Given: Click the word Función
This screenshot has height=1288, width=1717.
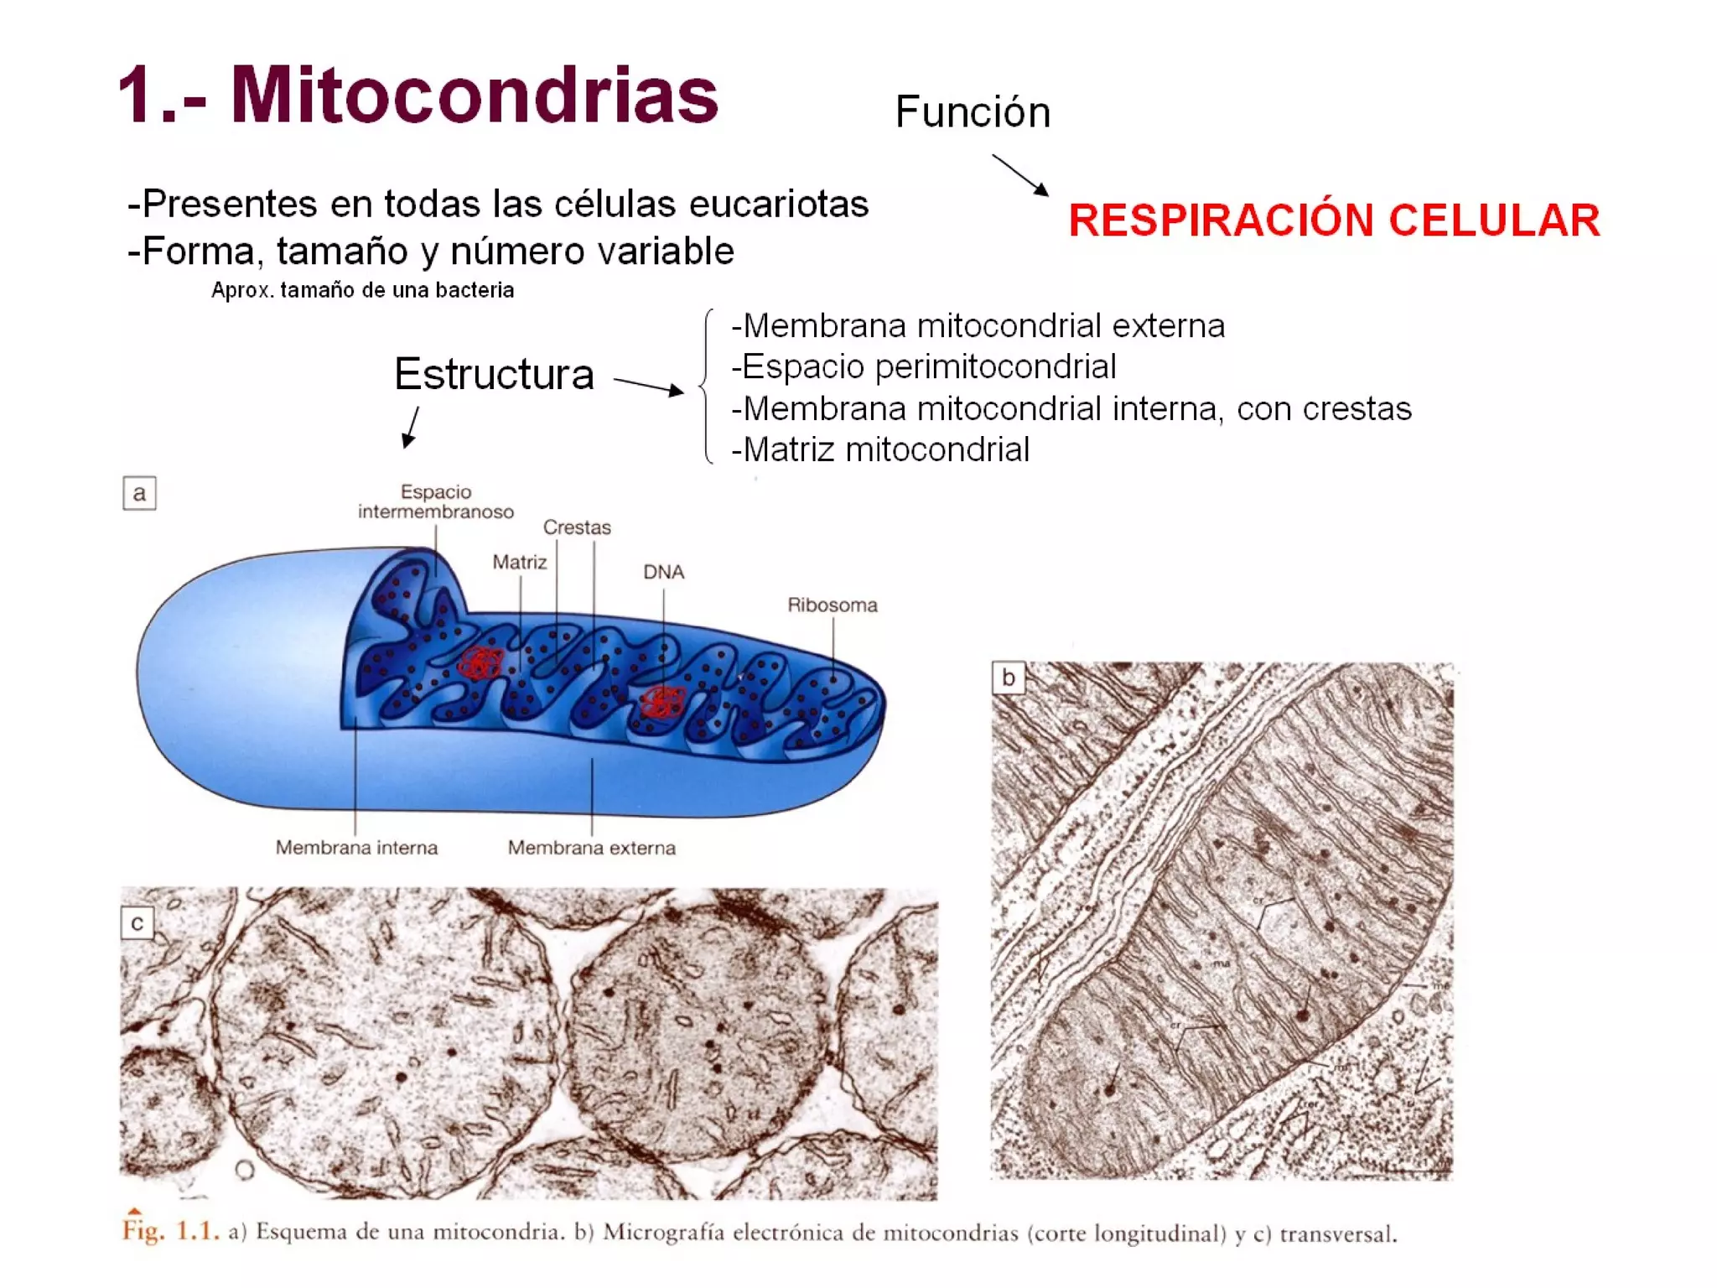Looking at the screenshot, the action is pos(973,112).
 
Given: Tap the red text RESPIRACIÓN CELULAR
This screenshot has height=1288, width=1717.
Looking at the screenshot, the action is pos(1334,221).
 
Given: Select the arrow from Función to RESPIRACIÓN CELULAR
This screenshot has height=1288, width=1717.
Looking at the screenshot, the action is pos(1019,174).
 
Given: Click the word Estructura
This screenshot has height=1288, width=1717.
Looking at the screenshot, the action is pos(494,374).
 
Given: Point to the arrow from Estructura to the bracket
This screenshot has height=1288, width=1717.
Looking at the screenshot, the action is pos(648,386).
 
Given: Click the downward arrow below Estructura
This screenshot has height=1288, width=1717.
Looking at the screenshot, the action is pos(411,427).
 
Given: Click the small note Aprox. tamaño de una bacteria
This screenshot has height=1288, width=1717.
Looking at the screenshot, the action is pos(362,290).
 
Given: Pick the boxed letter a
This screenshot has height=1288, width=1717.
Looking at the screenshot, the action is pos(139,493).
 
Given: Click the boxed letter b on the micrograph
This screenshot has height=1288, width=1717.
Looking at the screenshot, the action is pos(1008,678).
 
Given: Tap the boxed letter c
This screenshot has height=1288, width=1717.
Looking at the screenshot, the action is pos(137,923).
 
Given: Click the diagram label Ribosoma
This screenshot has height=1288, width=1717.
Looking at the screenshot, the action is pos(832,605).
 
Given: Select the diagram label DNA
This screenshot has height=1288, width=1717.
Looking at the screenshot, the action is pos(663,572).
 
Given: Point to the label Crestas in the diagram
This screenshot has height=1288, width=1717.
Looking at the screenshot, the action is pos(577,527).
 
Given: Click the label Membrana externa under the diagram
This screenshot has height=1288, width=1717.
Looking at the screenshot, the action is pos(591,848).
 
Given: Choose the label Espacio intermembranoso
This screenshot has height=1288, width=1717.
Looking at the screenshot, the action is pos(436,501).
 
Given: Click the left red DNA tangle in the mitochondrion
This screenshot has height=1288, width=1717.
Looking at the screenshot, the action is pos(480,662).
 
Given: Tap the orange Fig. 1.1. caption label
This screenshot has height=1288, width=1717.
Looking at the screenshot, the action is pos(170,1231).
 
